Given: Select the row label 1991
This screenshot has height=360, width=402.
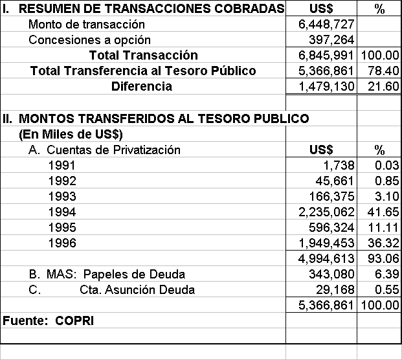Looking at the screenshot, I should [x=62, y=166].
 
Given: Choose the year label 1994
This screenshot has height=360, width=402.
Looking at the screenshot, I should [x=62, y=212].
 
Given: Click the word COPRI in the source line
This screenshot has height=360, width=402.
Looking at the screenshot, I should [x=69, y=321].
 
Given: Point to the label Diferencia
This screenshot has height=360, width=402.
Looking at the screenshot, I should [x=142, y=86].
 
